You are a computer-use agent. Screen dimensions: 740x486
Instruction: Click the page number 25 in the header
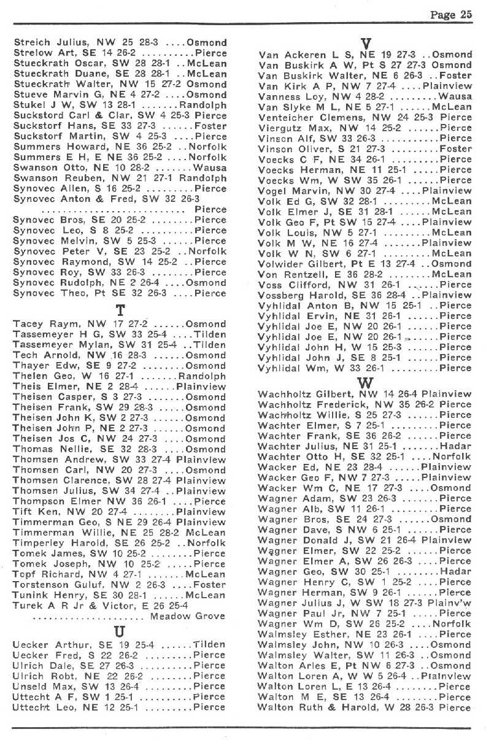[466, 16]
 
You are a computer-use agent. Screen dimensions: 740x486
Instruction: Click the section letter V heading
[366, 44]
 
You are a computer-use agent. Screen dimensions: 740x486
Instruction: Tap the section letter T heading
[120, 312]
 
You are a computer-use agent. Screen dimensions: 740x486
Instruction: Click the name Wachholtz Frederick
[306, 404]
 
